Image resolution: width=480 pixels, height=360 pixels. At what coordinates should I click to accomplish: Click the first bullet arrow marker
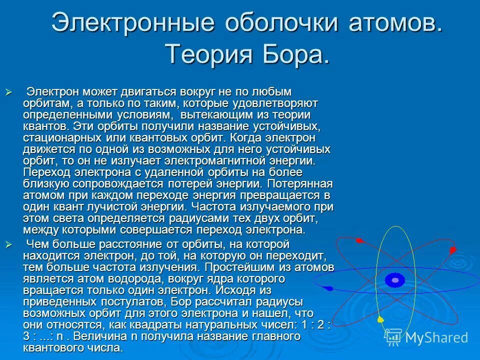click(7, 92)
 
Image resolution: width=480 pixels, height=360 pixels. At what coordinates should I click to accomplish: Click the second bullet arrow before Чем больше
click(7, 244)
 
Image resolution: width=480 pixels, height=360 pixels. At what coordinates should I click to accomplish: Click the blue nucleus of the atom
click(395, 280)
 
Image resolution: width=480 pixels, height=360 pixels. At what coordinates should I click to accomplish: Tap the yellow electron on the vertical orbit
click(380, 319)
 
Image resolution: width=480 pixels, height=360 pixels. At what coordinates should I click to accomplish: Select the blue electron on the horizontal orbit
click(328, 288)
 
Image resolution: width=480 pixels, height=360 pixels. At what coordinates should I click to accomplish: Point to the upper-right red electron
click(452, 249)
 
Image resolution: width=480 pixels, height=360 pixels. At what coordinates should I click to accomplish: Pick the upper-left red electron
click(358, 241)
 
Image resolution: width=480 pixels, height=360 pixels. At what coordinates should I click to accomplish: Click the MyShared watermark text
click(436, 337)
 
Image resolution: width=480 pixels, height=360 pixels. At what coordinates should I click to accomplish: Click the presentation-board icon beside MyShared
click(394, 337)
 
